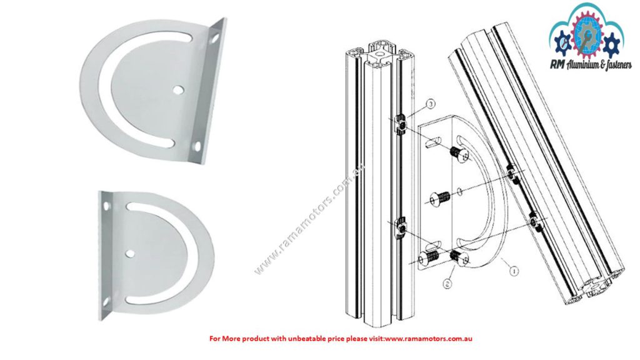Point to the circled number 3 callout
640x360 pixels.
click(x=429, y=103)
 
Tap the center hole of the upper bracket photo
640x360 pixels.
click(x=179, y=90)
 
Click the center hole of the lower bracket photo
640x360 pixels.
click(x=129, y=253)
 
